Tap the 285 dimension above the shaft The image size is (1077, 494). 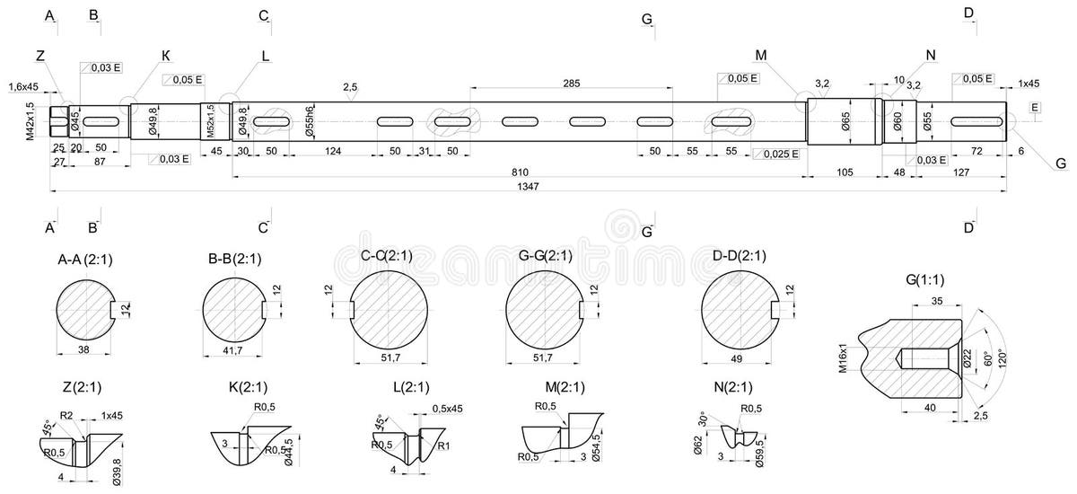coord(572,84)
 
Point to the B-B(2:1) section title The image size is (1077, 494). coord(234,260)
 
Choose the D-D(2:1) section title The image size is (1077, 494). coord(740,256)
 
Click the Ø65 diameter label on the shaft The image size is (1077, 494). coord(845,121)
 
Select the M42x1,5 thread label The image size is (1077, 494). coord(30,120)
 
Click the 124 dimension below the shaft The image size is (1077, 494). coord(333,152)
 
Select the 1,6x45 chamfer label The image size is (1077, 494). coord(23,87)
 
